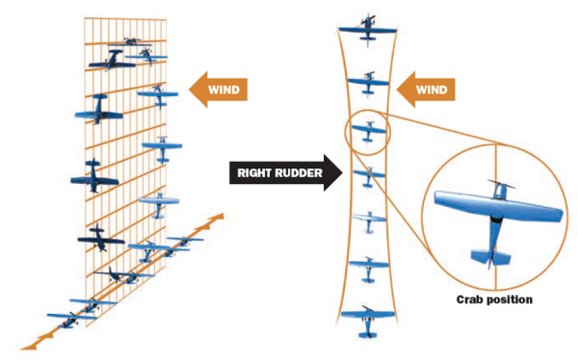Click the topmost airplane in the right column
(x=368, y=29)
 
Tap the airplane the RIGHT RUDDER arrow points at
(x=368, y=176)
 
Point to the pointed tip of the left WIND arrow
(x=190, y=91)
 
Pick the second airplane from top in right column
(x=368, y=82)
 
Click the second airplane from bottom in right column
(x=368, y=267)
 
